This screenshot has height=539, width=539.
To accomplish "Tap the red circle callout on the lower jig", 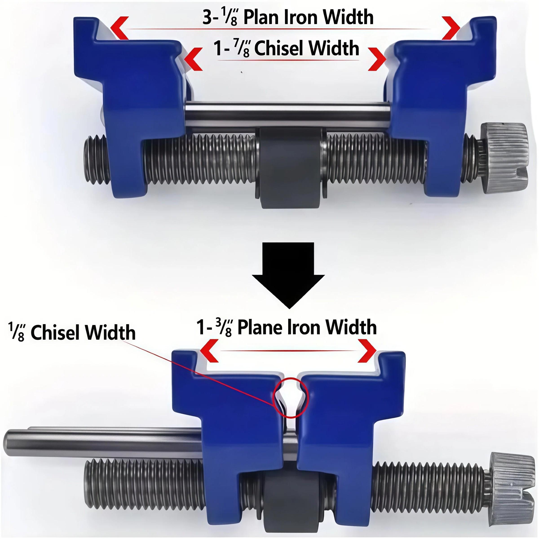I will (290, 397).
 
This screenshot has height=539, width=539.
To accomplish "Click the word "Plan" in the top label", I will (261, 17).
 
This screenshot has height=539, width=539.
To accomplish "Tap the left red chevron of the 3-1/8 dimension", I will (119, 28).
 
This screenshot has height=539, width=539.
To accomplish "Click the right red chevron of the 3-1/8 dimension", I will (451, 28).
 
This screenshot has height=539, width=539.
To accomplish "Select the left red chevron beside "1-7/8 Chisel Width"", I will (194, 59).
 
